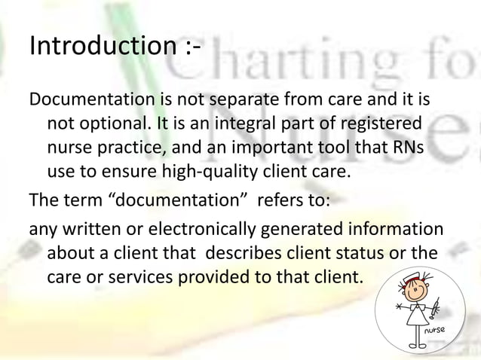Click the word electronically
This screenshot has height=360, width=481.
click(176, 228)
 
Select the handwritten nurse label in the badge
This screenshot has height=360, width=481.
click(437, 331)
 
